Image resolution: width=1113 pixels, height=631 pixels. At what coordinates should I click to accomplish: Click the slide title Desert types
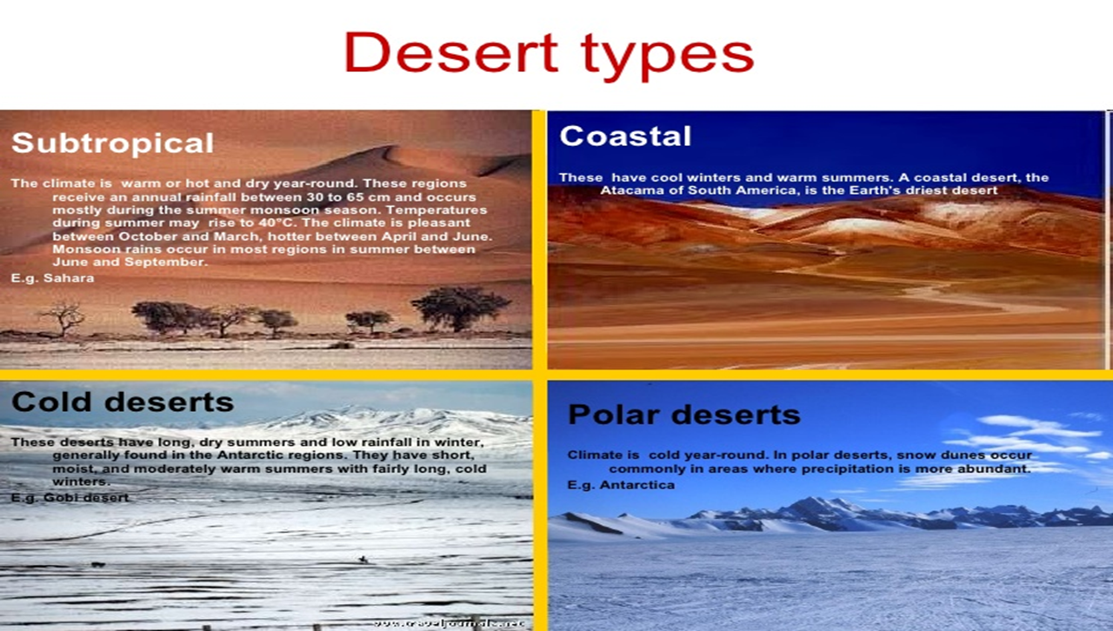(549, 54)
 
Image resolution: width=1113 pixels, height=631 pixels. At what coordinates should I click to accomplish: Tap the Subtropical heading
(112, 143)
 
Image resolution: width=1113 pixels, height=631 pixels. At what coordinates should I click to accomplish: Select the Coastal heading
(625, 136)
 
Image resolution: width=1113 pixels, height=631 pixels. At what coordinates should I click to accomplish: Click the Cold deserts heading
(123, 402)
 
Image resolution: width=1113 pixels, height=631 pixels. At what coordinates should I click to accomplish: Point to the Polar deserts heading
(683, 415)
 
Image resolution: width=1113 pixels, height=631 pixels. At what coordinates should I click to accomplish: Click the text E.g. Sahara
(52, 278)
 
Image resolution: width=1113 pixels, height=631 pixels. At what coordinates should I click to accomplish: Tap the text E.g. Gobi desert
(70, 497)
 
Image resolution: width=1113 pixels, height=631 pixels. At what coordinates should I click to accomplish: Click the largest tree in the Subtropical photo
(461, 307)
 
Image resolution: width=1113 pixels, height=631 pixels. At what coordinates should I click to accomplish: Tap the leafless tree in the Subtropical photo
(62, 316)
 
